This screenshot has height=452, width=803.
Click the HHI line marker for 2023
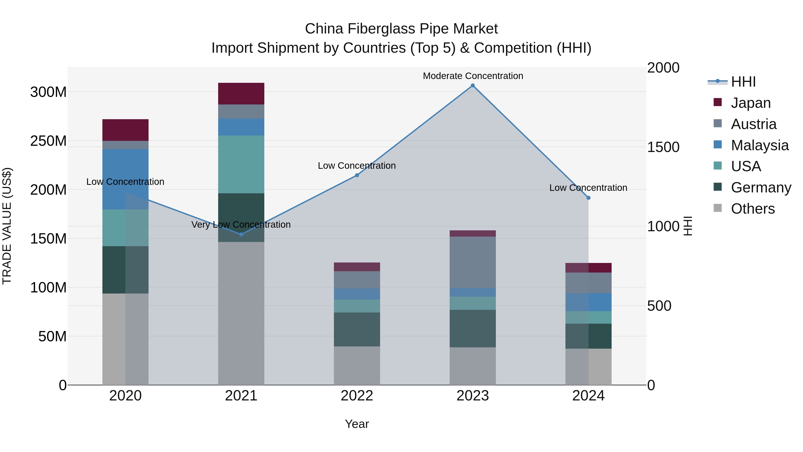pos(473,85)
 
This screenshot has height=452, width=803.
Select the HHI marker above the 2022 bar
pos(357,175)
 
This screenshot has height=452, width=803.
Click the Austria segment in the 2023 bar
pos(473,262)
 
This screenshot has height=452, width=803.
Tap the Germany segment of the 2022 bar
pos(357,329)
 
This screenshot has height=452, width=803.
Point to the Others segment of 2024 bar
pos(588,367)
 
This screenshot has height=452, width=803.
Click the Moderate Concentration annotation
pos(473,76)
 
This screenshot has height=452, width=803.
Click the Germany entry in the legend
pos(761,187)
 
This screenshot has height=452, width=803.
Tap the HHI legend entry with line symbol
pos(743,82)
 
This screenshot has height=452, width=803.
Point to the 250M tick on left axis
pos(48,141)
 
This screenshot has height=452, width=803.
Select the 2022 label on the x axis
pos(357,396)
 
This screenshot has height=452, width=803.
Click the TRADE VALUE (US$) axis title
pos(7,226)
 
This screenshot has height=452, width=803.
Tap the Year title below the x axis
pos(357,424)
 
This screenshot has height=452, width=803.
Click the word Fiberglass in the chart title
pos(381,29)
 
